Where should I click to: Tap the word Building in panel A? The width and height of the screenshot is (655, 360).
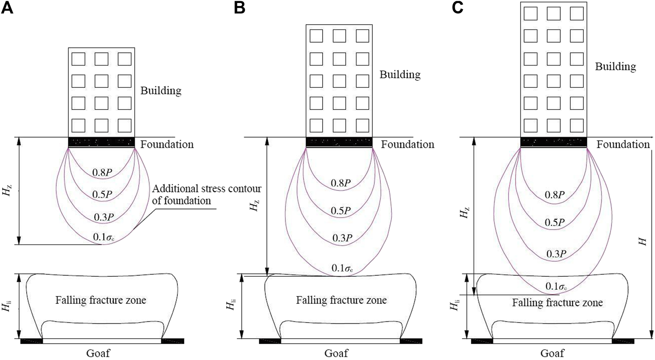[161, 91]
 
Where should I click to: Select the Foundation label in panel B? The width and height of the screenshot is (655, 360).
[408, 144]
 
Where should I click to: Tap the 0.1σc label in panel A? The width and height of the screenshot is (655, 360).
[103, 238]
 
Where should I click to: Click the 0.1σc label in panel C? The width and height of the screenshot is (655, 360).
[556, 286]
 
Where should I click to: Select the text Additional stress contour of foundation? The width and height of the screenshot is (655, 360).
[206, 194]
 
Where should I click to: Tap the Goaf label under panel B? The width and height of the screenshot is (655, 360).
[336, 353]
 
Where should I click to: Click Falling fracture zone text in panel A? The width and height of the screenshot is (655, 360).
[101, 300]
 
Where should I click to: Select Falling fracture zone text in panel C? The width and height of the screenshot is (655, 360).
[557, 303]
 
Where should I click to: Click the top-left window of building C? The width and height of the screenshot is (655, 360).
[530, 13]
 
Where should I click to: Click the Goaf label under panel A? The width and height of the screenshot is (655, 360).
[98, 353]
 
